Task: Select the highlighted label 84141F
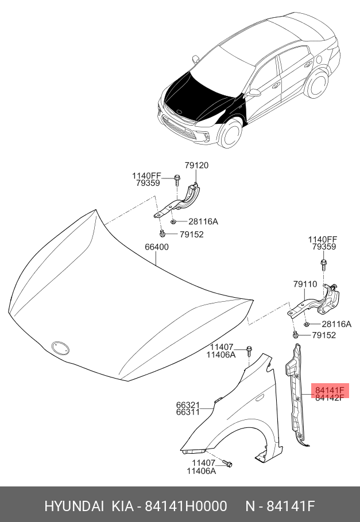[329, 391]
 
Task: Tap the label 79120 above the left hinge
[196, 166]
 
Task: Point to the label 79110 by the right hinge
[304, 284]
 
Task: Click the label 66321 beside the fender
[188, 404]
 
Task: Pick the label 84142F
[329, 398]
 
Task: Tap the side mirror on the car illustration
[253, 92]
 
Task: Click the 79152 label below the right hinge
[323, 335]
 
